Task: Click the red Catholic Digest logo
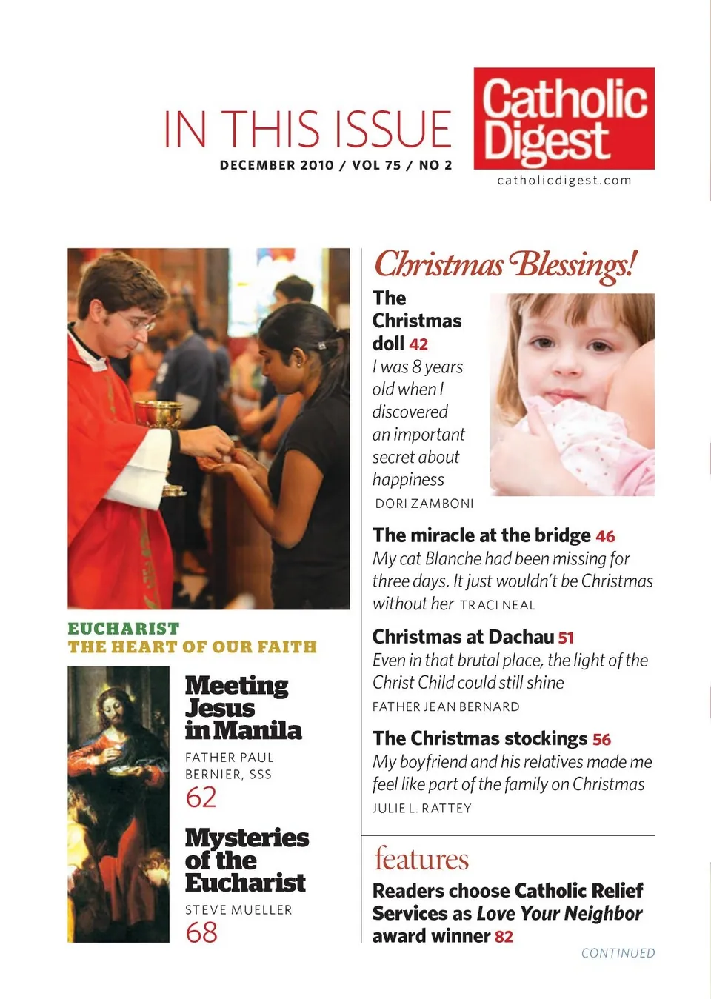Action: pos(564,118)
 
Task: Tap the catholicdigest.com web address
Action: pos(564,181)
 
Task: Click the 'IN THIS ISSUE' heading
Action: pos(307,129)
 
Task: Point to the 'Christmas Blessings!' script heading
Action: pos(505,265)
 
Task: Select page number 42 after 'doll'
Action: pos(418,344)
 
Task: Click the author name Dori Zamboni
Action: pos(424,504)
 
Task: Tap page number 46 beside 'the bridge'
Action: pos(605,536)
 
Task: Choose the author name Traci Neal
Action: pos(497,605)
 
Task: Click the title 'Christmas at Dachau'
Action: pos(463,637)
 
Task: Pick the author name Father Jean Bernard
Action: pos(446,706)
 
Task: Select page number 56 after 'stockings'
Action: pos(601,740)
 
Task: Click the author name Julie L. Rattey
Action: pos(421,808)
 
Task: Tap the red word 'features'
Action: pos(421,859)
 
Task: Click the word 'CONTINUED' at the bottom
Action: pos(618,953)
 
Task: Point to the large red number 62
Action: pos(201,798)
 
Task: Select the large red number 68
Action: pos(201,932)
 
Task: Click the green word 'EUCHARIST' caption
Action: pos(124,629)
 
